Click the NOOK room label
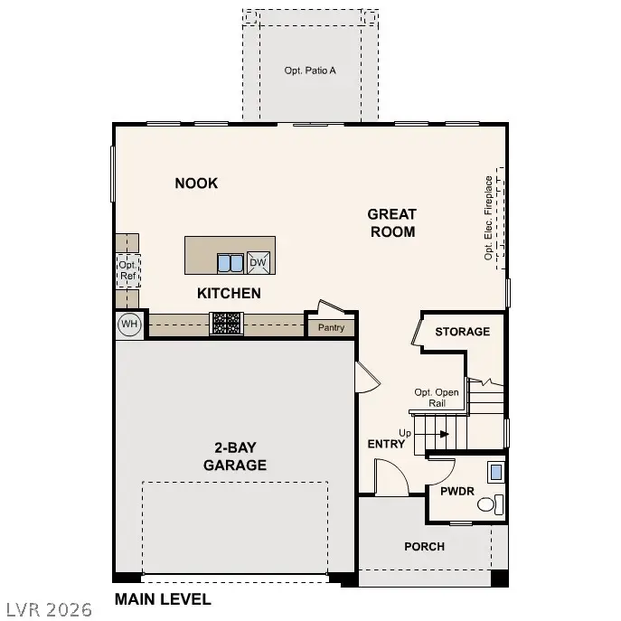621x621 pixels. tap(196, 183)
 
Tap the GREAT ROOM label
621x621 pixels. tap(391, 223)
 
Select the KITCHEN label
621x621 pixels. tap(229, 293)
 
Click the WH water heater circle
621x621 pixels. tap(129, 324)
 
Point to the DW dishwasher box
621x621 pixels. tap(259, 263)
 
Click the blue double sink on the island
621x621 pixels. tap(230, 263)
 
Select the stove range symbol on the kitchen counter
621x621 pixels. tap(226, 323)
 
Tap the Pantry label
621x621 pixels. tap(331, 327)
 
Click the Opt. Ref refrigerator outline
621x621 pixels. tap(127, 270)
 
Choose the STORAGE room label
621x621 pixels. tap(462, 332)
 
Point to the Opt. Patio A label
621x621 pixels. tap(310, 69)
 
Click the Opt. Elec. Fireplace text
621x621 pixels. tap(489, 217)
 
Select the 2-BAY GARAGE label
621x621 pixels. tap(234, 456)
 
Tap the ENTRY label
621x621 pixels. tap(386, 444)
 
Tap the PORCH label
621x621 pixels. tap(424, 546)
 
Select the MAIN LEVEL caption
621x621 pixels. tap(163, 598)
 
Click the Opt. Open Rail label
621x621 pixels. tap(437, 398)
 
